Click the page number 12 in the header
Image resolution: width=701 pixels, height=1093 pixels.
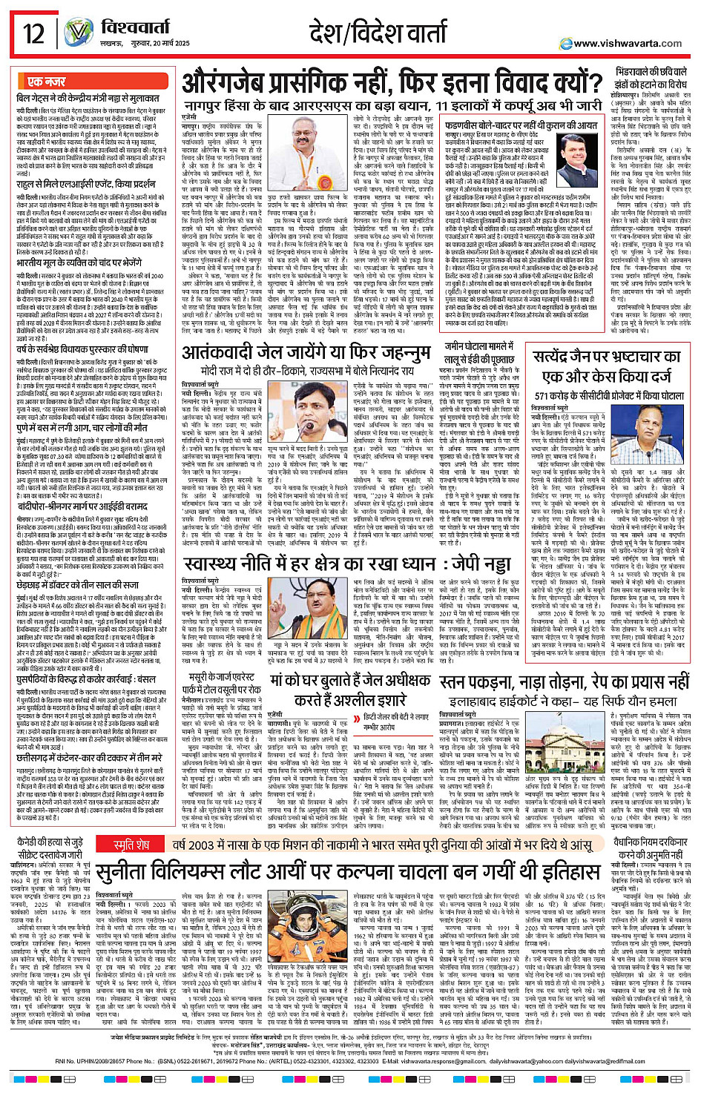33,34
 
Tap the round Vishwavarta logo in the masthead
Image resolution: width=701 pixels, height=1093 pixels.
78,33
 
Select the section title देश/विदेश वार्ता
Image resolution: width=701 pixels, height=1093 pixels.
378,33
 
